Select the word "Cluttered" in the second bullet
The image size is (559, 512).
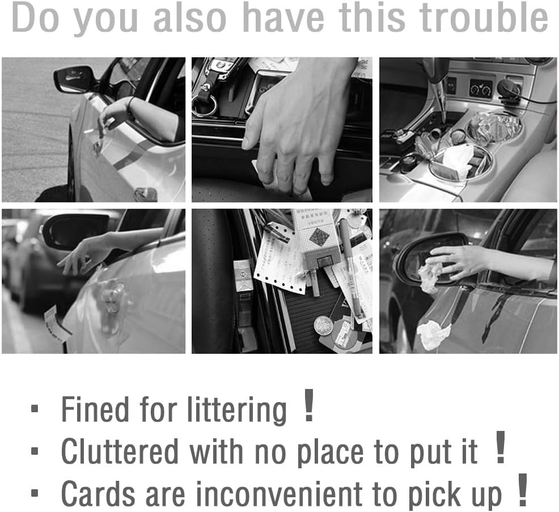[x=120, y=451]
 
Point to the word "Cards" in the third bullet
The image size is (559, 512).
[x=98, y=494]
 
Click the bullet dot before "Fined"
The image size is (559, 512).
[x=35, y=409]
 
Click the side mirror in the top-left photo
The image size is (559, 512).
[x=74, y=78]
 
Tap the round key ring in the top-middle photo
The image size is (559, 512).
[x=204, y=105]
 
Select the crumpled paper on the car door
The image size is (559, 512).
[x=433, y=334]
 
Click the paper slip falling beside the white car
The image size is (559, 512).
[x=56, y=322]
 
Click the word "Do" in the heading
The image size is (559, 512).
[x=35, y=17]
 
